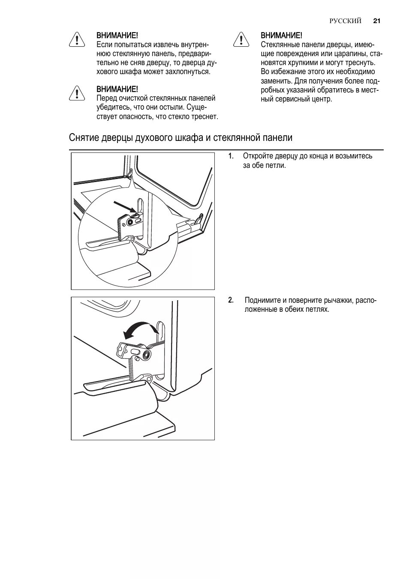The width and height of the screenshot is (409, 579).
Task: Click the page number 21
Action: pyautogui.click(x=377, y=21)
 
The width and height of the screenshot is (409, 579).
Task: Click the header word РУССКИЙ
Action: pyautogui.click(x=346, y=21)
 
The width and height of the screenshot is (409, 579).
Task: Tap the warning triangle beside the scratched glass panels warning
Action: pyautogui.click(x=242, y=39)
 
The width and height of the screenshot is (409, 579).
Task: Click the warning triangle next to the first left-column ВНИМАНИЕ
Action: pyautogui.click(x=76, y=39)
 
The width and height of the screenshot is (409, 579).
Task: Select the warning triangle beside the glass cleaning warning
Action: pyautogui.click(x=76, y=93)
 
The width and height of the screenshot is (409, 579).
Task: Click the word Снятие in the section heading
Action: pyautogui.click(x=84, y=138)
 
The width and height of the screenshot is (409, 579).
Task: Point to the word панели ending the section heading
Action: pyautogui.click(x=279, y=138)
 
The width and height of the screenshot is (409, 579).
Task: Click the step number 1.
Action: pyautogui.click(x=231, y=156)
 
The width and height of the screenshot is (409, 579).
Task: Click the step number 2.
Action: pyautogui.click(x=231, y=300)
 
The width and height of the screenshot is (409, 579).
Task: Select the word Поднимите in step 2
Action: pyautogui.click(x=262, y=300)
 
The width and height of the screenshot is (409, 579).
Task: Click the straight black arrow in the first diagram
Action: pyautogui.click(x=124, y=206)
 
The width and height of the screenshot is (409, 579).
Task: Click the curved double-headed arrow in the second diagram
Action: pyautogui.click(x=141, y=330)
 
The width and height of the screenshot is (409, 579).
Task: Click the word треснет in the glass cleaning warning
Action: pyautogui.click(x=205, y=116)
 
